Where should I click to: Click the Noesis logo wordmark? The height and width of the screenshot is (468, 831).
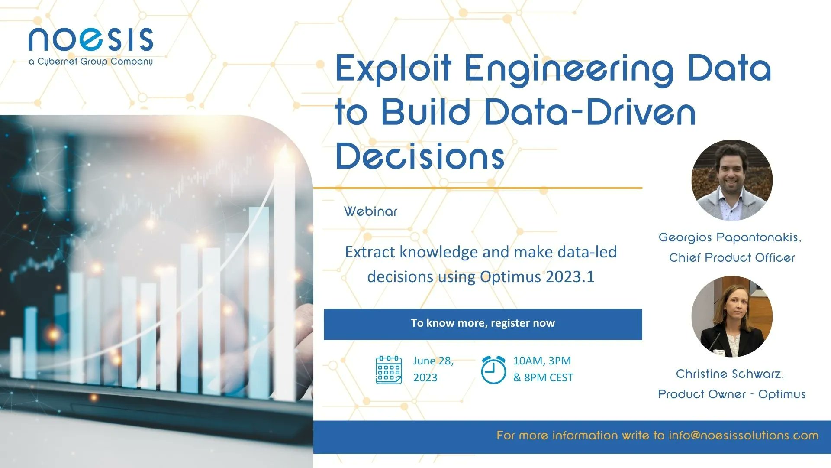click(91, 39)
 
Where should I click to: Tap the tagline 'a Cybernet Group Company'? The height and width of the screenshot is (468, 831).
click(91, 62)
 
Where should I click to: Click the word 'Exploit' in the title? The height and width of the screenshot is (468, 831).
click(394, 69)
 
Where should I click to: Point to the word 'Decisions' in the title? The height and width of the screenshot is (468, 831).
click(420, 156)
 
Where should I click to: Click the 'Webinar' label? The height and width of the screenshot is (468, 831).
click(370, 211)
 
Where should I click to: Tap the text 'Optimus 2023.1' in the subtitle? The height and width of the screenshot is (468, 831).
click(537, 276)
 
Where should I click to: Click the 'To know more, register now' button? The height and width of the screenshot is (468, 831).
click(483, 324)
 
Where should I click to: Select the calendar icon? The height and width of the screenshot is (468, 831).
click(389, 370)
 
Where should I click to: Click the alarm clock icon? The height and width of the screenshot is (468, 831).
click(493, 370)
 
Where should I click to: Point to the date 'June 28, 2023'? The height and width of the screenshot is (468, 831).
click(433, 369)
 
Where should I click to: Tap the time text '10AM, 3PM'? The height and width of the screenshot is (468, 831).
click(542, 361)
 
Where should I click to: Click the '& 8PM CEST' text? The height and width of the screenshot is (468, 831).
click(543, 377)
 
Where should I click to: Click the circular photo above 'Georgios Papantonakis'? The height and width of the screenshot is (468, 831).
click(732, 180)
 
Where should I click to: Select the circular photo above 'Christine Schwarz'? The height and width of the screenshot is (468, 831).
click(732, 316)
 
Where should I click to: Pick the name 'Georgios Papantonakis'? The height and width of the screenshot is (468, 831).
click(730, 237)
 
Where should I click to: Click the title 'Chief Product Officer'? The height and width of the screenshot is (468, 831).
click(732, 257)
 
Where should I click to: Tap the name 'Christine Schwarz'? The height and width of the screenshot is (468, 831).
click(730, 374)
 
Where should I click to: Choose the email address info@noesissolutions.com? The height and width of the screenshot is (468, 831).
click(744, 435)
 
